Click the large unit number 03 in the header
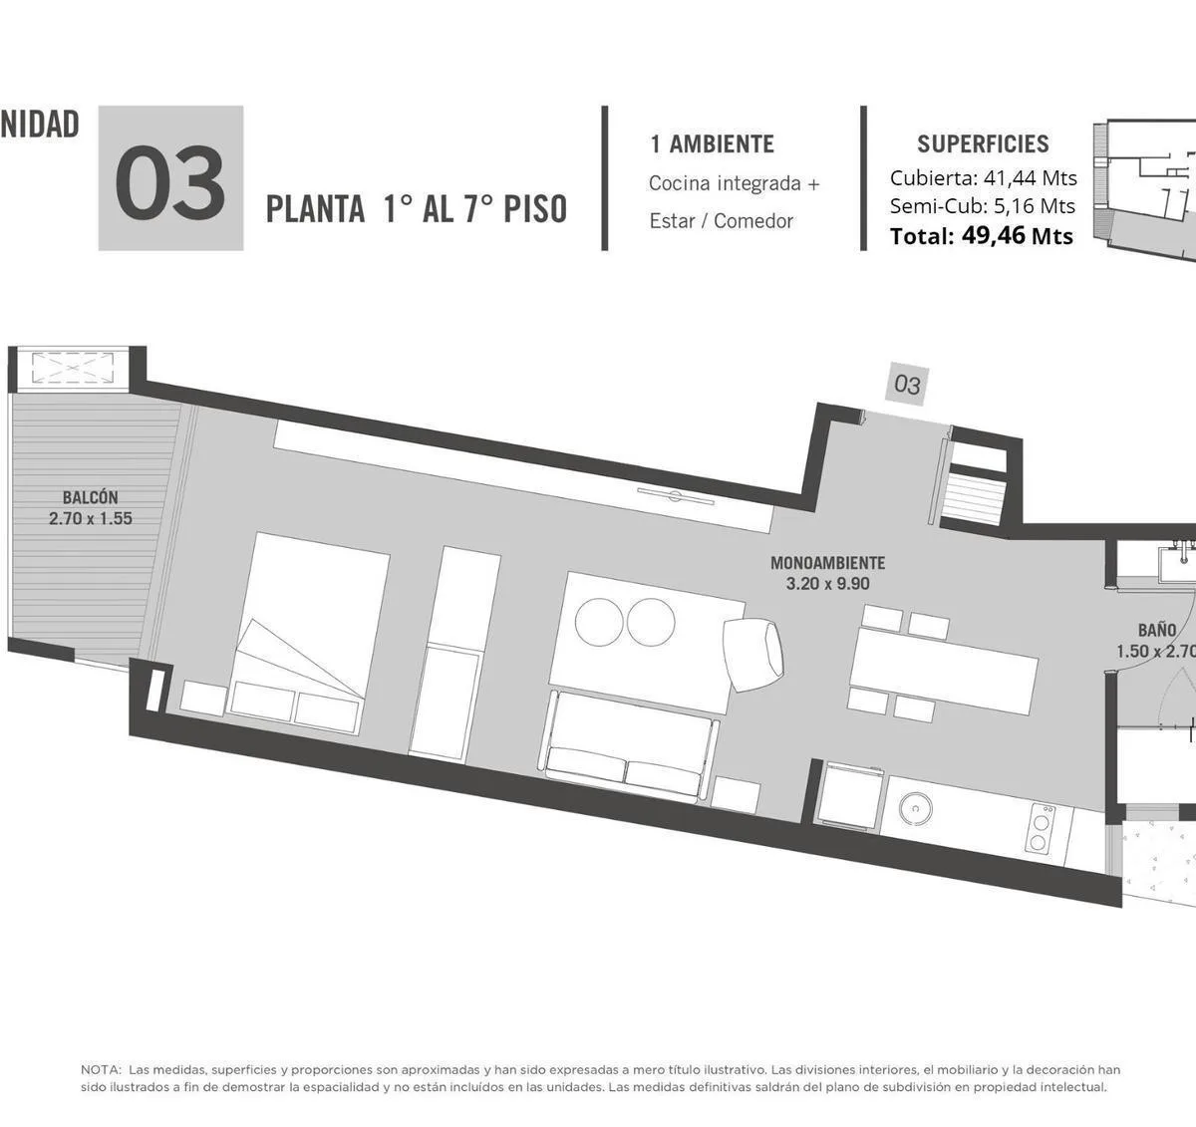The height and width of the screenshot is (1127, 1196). [x=170, y=183]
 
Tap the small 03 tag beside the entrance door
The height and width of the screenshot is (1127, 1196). [x=907, y=385]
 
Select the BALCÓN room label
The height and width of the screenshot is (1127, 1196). [x=91, y=497]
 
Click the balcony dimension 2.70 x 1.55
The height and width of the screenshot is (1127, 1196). [x=91, y=518]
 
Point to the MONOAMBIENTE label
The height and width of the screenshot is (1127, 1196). [x=828, y=563]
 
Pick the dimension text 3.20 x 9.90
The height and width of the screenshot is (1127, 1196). [x=828, y=584]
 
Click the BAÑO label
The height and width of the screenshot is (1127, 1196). [x=1157, y=630]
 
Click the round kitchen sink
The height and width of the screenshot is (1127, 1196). [x=915, y=808]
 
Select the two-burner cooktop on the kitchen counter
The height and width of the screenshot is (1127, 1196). [x=1040, y=829]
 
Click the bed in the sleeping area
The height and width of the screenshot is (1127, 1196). [x=307, y=634]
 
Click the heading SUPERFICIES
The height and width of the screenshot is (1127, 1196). [x=983, y=143]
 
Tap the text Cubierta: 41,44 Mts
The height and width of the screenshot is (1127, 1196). [x=984, y=178]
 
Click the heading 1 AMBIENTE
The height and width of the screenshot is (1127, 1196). [x=712, y=143]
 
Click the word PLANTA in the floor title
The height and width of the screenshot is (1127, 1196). [x=316, y=209]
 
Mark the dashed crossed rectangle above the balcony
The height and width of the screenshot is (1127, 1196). [x=73, y=368]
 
